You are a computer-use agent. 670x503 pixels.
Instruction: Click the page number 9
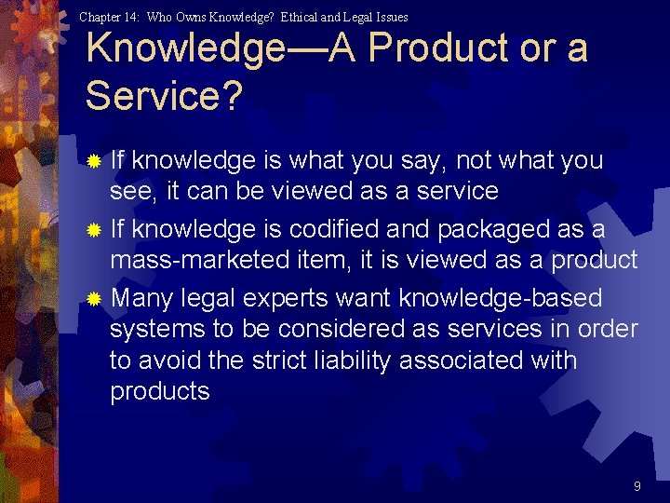(636, 486)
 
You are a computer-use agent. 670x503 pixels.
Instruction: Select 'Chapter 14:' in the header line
(110, 17)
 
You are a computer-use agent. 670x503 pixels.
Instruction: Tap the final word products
(160, 392)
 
